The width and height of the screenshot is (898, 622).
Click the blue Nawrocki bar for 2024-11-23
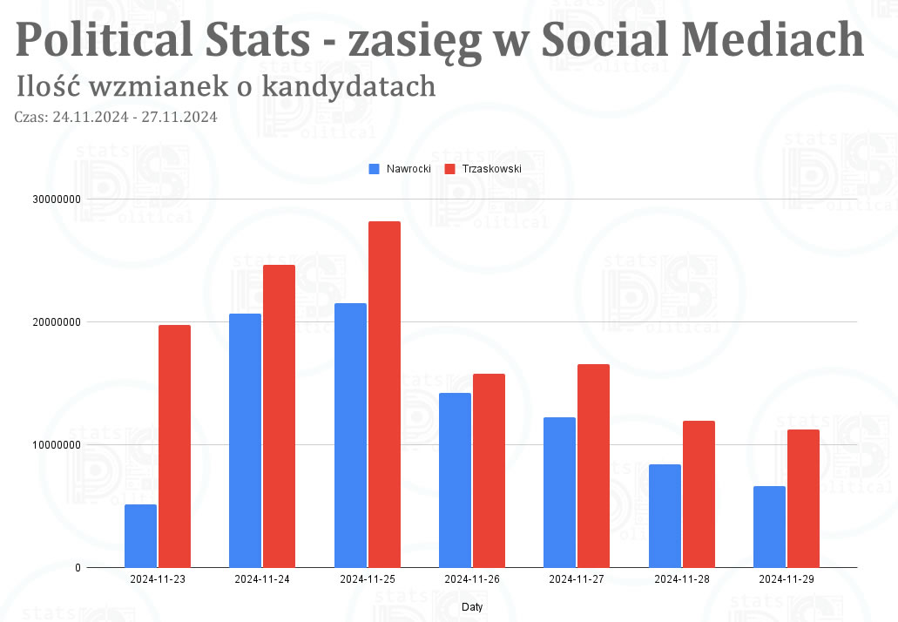click(x=140, y=536)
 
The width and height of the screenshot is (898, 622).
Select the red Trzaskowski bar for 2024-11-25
click(x=384, y=395)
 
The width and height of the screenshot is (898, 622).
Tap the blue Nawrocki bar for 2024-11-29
click(x=769, y=527)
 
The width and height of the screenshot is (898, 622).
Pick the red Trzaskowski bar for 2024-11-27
click(x=593, y=466)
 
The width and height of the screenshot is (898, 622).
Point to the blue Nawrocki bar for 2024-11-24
click(x=245, y=441)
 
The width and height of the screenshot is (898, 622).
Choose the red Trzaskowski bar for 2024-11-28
click(x=699, y=494)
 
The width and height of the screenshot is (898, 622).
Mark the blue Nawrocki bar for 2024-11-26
click(x=455, y=480)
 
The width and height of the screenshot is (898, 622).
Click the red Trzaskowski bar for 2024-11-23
click(x=175, y=446)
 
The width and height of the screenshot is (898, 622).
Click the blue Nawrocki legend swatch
click(x=374, y=169)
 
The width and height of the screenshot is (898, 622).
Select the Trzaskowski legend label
click(x=491, y=169)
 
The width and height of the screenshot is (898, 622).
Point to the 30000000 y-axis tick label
click(x=56, y=199)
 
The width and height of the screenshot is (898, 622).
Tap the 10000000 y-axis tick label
click(x=56, y=445)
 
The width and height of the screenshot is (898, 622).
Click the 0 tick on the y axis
click(x=78, y=568)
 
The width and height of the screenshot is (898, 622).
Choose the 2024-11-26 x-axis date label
click(x=472, y=579)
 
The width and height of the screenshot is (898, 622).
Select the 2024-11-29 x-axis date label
click(x=787, y=579)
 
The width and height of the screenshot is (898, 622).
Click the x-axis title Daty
click(x=472, y=606)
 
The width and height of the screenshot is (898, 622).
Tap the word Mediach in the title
click(x=773, y=39)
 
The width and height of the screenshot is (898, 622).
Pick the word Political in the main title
click(x=104, y=39)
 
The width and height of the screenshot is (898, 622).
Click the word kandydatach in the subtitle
click(x=348, y=86)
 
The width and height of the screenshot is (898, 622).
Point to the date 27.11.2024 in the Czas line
click(x=179, y=117)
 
